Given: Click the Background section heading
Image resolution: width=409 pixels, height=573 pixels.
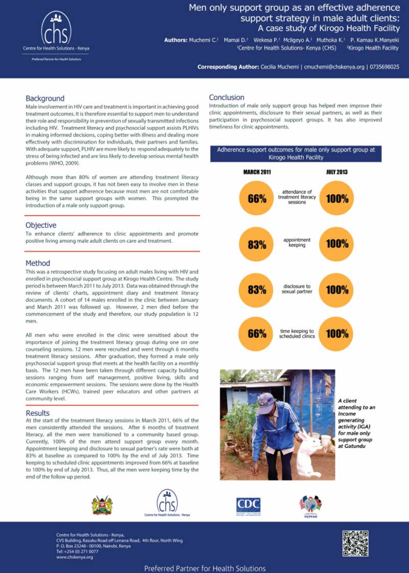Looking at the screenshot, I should (45, 98).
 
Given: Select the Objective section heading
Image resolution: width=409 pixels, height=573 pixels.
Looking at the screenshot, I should (41, 225).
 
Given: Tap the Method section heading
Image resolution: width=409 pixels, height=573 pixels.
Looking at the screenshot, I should (38, 263).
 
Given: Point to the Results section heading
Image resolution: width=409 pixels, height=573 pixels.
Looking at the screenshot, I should (38, 412).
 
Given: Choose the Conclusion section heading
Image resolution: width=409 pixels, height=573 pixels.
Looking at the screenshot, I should (226, 97).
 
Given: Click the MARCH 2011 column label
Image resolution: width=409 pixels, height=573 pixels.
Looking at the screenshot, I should (257, 172).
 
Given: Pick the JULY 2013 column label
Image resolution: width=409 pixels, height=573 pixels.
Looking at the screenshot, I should (336, 172).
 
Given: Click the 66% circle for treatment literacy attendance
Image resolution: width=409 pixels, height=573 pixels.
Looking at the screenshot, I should (257, 199).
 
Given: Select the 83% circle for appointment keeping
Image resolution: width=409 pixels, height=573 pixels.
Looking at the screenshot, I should (257, 244).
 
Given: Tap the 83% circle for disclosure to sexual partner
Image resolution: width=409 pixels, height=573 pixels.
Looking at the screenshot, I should (257, 289).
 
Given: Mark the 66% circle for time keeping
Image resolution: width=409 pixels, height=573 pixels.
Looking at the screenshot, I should (257, 334).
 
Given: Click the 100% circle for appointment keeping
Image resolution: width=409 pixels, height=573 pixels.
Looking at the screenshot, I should (336, 244).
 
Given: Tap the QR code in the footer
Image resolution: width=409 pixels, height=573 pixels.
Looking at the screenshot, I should (355, 543).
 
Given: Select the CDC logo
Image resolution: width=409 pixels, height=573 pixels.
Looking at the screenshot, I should (248, 505).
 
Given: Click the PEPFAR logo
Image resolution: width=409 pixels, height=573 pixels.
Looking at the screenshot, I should (310, 505).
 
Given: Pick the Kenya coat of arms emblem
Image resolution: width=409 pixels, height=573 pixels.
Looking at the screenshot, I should (102, 505).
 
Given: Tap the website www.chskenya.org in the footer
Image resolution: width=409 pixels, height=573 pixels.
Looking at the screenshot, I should (75, 557).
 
